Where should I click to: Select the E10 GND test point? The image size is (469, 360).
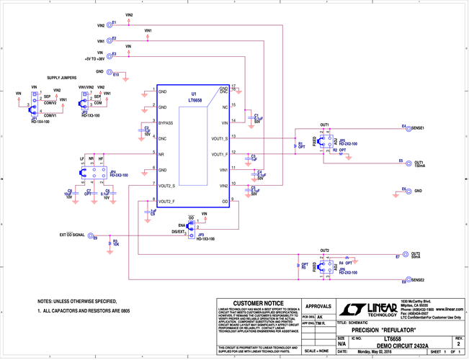(107, 72)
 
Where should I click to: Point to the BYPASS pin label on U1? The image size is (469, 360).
(166, 123)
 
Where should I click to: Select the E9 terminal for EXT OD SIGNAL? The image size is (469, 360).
(89, 235)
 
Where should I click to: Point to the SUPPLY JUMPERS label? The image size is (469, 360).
(63, 76)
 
